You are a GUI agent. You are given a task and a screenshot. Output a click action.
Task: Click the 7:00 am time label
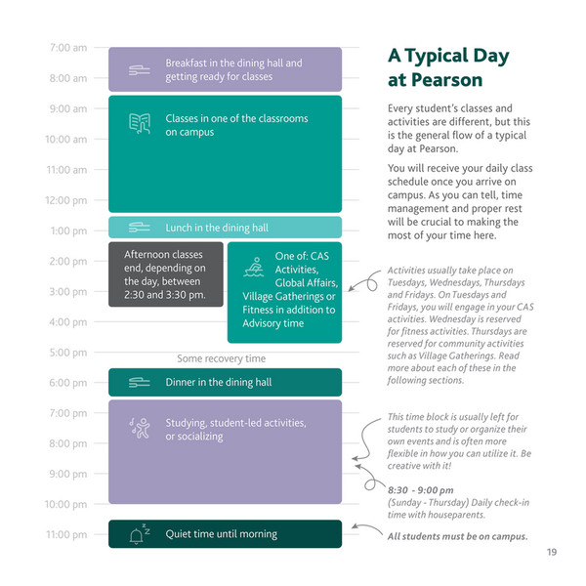[x=67, y=47]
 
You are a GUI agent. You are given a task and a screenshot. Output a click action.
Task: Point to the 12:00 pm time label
[x=65, y=200]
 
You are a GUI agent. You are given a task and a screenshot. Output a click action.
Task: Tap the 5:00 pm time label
[x=67, y=353]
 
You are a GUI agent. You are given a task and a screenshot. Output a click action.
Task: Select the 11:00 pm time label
[x=65, y=534]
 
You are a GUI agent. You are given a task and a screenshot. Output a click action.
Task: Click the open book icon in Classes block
[x=140, y=123]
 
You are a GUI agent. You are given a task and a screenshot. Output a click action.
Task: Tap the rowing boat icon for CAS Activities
[x=255, y=265]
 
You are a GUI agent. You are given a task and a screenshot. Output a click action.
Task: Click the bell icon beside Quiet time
[x=138, y=534]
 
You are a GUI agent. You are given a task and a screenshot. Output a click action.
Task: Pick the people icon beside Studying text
[x=139, y=427]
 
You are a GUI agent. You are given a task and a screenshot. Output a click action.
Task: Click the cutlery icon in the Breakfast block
[x=140, y=68]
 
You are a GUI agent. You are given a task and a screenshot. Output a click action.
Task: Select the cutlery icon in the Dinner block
[x=140, y=383]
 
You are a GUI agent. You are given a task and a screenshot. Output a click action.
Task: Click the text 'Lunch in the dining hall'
[x=216, y=228]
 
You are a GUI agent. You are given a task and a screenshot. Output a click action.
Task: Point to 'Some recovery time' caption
[x=221, y=358]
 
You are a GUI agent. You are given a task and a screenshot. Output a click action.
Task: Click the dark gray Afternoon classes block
[x=165, y=274]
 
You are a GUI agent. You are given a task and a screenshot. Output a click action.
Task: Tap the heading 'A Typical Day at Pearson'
[x=448, y=67]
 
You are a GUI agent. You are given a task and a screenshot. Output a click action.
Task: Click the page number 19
[x=552, y=553]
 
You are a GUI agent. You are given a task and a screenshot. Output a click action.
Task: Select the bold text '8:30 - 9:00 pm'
[x=420, y=489]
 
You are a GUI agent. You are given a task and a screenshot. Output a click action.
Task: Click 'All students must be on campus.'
[x=457, y=536]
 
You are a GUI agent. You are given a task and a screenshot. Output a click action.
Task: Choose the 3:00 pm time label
[x=67, y=291]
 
